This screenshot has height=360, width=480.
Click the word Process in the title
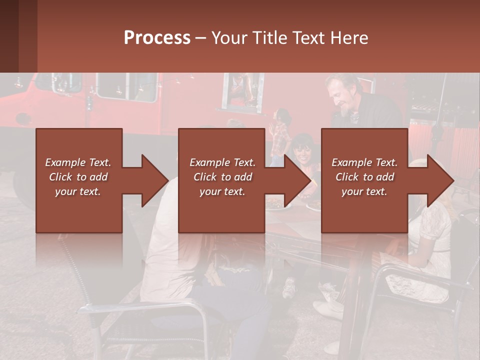[157, 38]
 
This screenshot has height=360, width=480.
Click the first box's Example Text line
[78, 162]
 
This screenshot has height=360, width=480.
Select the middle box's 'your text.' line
[222, 191]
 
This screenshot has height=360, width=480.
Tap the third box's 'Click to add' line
[364, 177]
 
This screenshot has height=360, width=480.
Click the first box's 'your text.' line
[78, 191]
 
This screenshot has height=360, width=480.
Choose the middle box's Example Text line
[222, 162]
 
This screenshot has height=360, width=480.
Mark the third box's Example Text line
[364, 162]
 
